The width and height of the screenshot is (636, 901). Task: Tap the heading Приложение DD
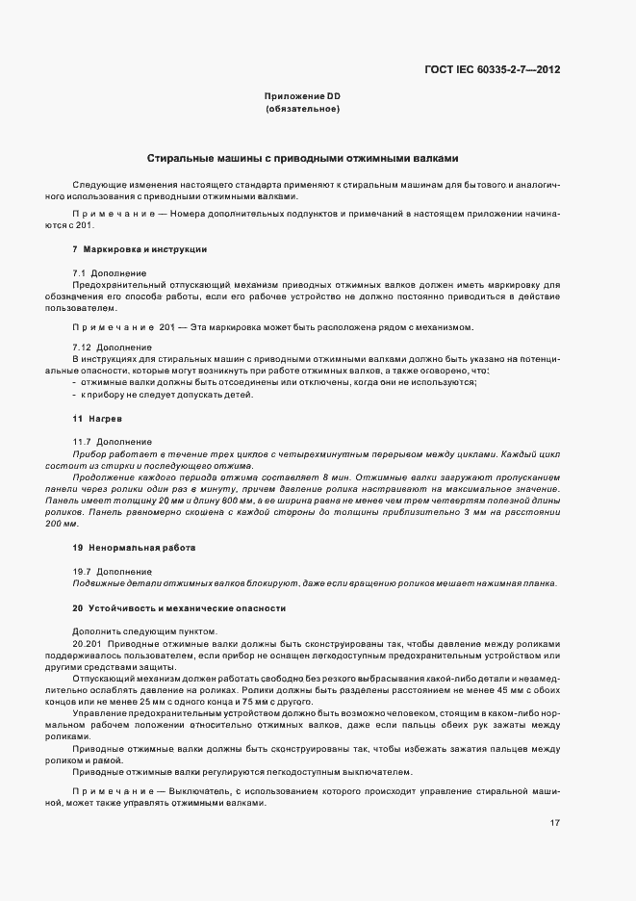[x=302, y=96]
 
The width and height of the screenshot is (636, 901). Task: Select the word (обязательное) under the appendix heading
[x=302, y=109]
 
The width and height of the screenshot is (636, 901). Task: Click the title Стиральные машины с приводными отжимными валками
[x=302, y=157]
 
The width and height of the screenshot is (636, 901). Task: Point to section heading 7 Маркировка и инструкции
[x=140, y=249]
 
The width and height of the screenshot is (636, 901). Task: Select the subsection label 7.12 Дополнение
[x=112, y=347]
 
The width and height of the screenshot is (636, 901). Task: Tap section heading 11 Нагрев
[x=97, y=419]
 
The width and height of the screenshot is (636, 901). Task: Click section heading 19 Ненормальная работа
[x=134, y=547]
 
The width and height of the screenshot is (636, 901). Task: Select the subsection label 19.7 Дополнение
[x=112, y=571]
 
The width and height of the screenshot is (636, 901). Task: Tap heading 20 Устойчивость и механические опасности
[x=180, y=608]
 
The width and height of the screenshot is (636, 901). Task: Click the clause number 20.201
[x=89, y=642]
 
